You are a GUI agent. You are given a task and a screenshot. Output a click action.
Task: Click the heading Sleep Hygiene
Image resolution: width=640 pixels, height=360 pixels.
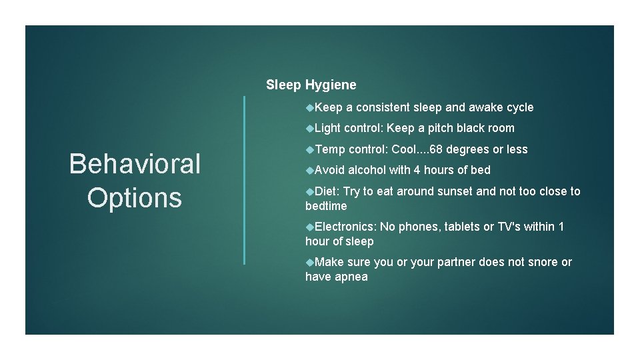311,85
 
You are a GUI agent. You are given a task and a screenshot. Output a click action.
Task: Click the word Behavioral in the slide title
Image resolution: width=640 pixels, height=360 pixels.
135,163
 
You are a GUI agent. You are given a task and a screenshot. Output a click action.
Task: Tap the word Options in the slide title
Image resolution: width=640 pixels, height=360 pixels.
135,197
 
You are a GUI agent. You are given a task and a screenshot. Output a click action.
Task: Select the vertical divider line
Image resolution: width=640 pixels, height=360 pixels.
244,179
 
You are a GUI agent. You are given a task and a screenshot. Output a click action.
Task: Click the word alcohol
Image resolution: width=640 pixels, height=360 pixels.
367,170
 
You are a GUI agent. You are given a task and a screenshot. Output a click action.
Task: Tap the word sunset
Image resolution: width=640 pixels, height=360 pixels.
455,191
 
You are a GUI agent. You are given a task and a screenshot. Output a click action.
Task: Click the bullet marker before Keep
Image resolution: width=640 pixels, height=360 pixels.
309,107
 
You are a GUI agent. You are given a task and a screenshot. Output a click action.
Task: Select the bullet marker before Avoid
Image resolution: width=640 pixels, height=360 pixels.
309,170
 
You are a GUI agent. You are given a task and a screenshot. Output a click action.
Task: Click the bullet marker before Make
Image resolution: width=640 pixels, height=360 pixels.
309,262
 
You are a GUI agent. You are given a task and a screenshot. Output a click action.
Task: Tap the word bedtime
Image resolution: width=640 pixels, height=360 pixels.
326,206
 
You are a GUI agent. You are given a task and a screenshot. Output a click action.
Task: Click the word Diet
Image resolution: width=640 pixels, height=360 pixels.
327,191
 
